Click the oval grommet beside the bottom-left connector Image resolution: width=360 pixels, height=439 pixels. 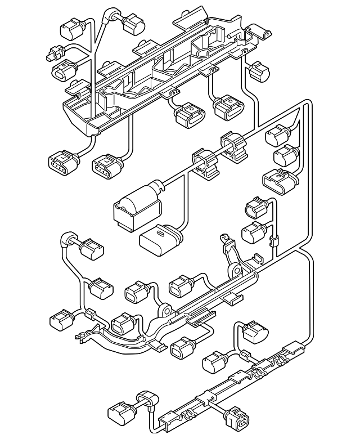[145, 401]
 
